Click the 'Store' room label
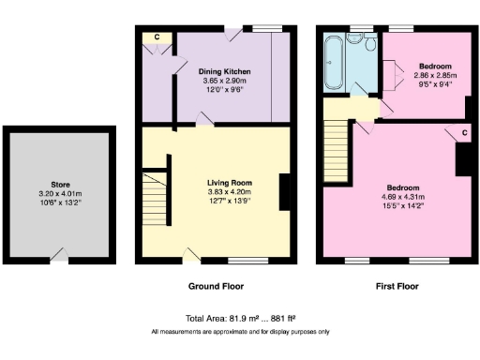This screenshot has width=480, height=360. pyautogui.click(x=60, y=185)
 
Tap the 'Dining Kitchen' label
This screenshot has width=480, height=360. pyautogui.click(x=223, y=70)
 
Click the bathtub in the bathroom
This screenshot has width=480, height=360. pyautogui.click(x=333, y=66)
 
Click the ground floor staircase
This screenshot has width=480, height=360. pyautogui.click(x=153, y=191)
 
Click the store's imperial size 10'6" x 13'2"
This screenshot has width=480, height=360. pyautogui.click(x=60, y=202)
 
